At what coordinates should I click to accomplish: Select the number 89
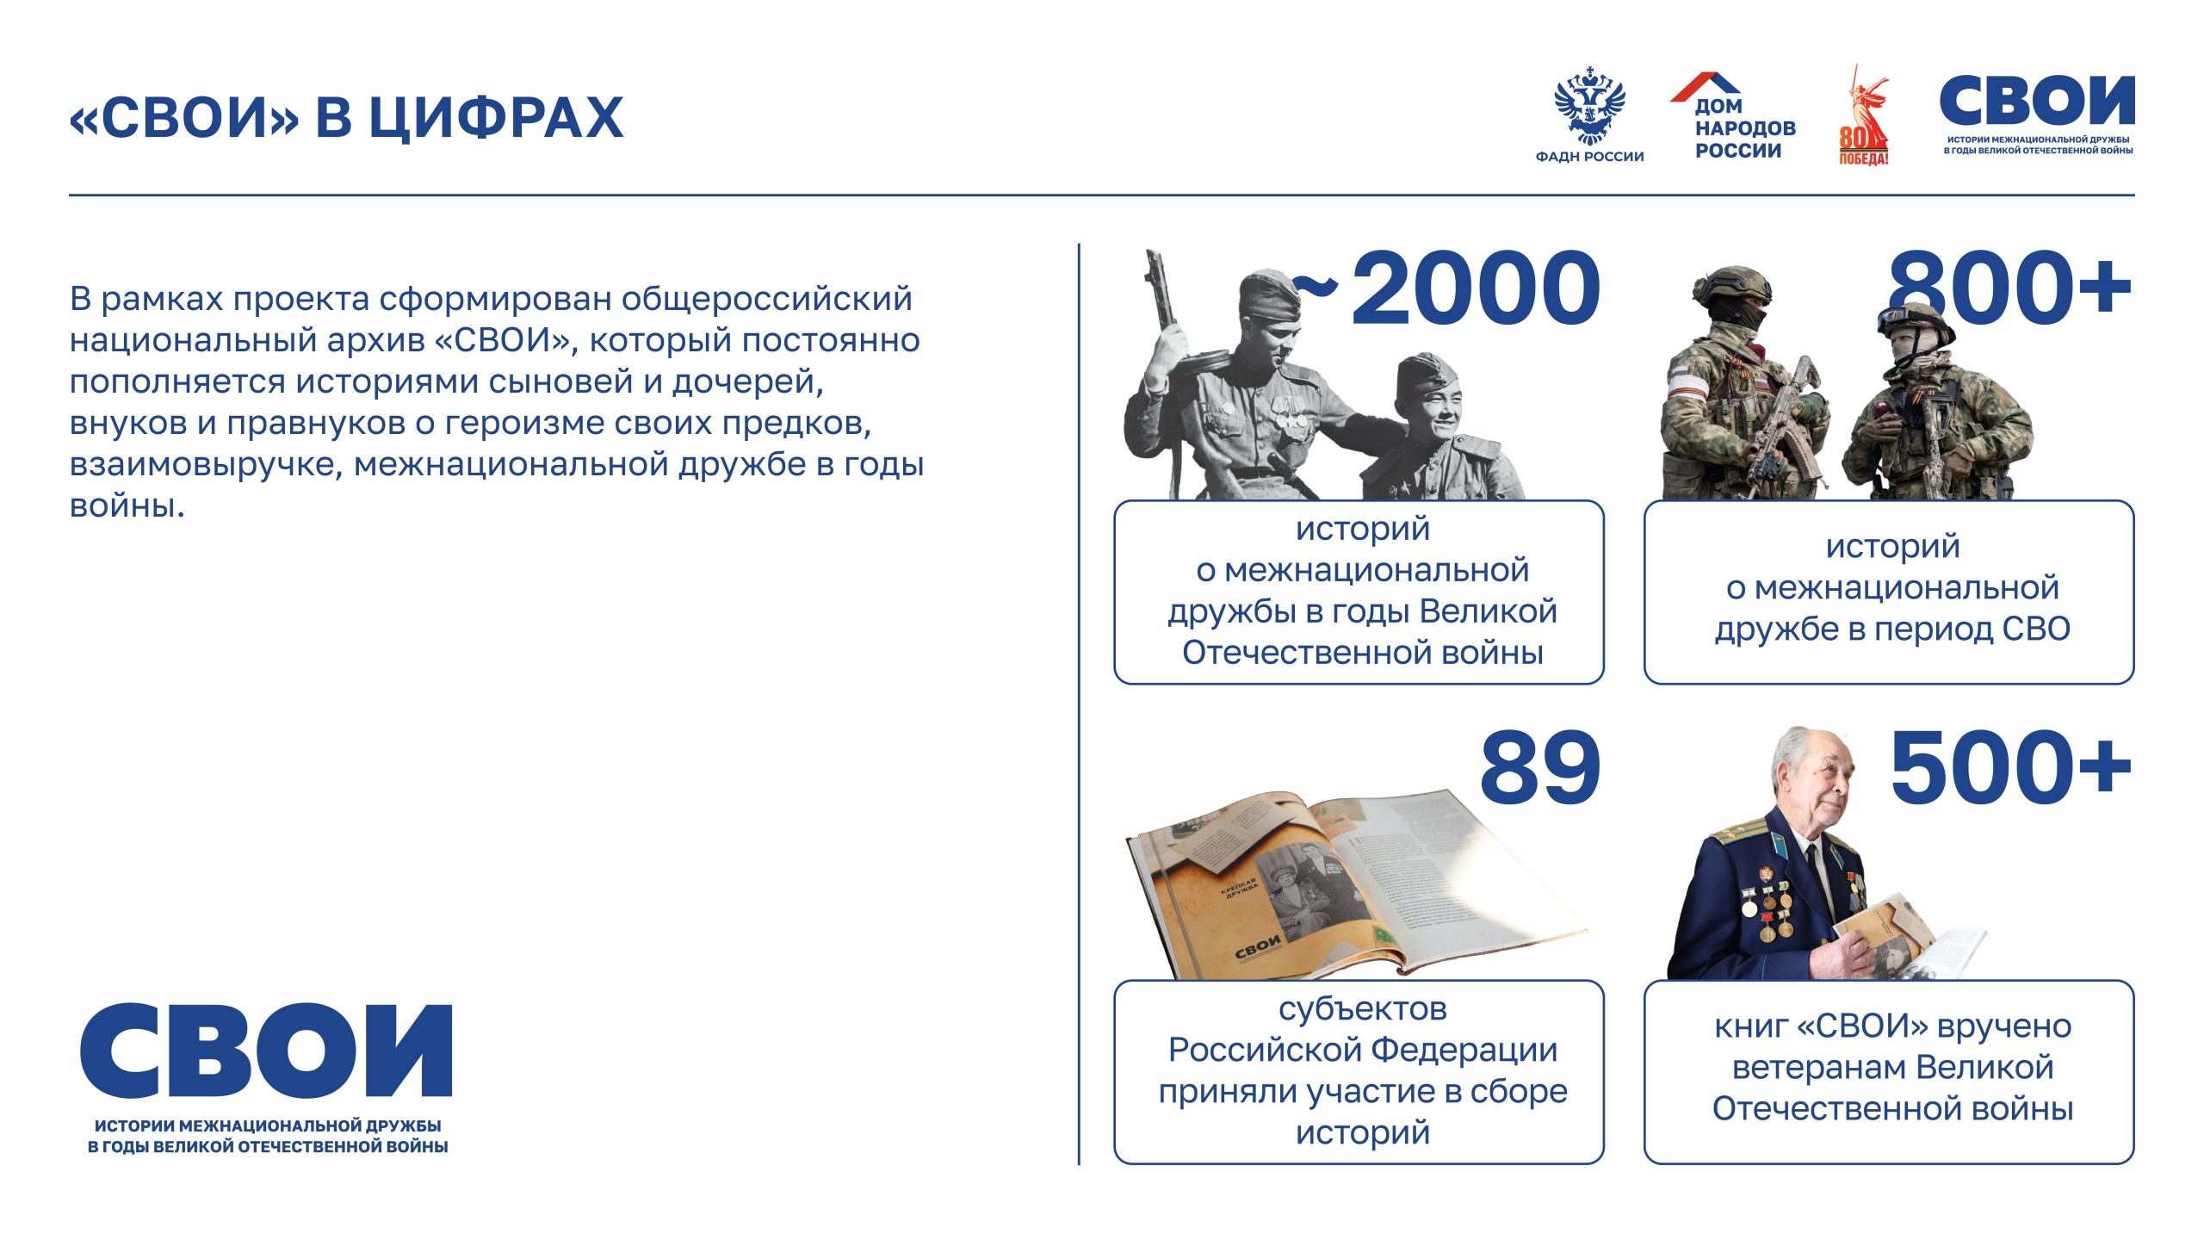(x=1539, y=768)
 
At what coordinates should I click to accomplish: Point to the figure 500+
(x=2010, y=768)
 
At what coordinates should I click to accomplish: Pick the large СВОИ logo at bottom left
(x=267, y=1052)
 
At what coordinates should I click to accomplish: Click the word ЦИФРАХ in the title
(x=496, y=118)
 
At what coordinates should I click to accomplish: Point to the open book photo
(x=1352, y=887)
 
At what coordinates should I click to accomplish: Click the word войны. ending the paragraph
(x=127, y=506)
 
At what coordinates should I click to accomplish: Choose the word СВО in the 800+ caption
(x=2036, y=629)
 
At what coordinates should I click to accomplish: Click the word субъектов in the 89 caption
(x=1362, y=1008)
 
